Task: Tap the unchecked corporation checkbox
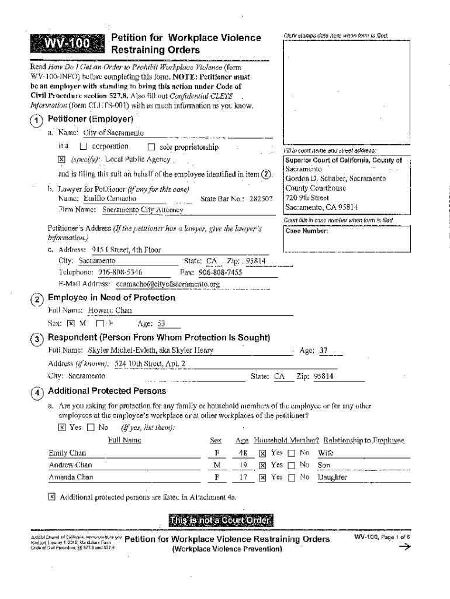83,147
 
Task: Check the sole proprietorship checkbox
151,147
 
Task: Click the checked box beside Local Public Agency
61,160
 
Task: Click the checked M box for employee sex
71,323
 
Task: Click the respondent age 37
323,350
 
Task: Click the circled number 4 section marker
37,393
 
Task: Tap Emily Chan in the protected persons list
67,453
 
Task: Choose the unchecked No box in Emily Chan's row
292,453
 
